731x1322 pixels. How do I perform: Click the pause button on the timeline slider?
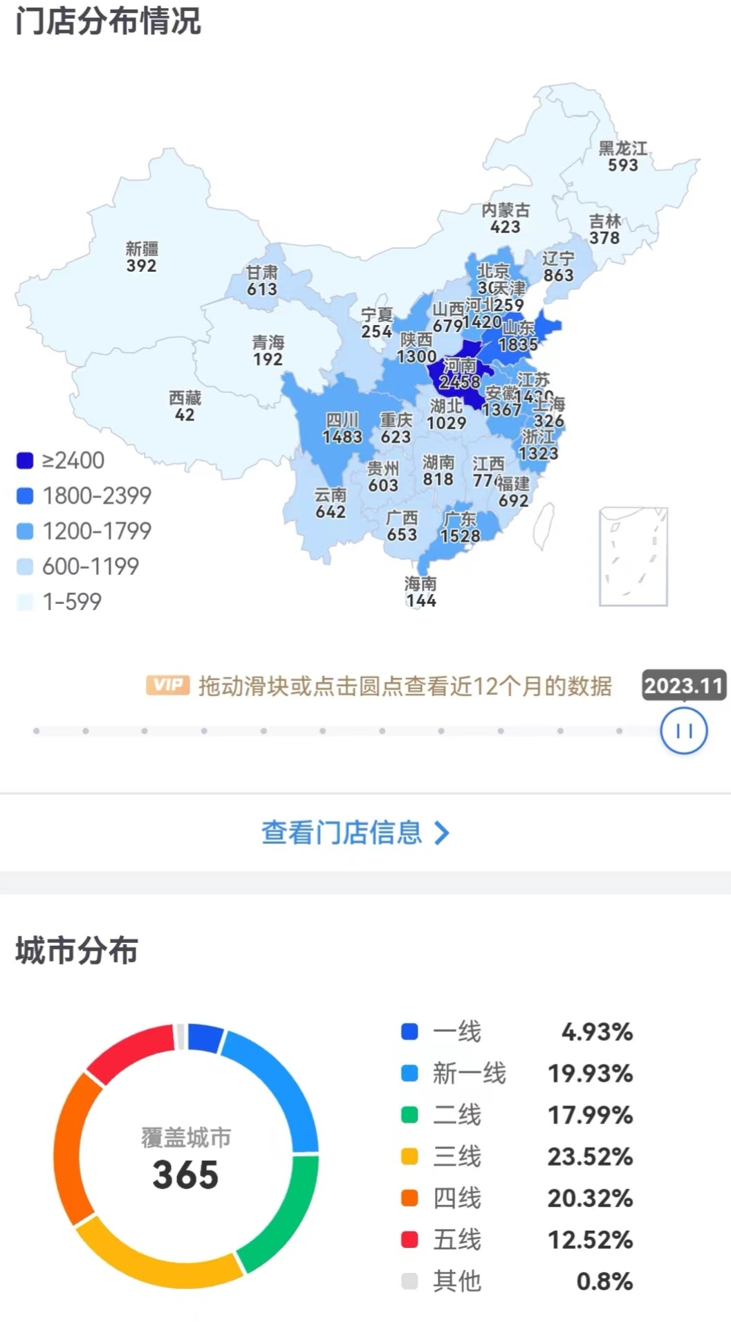[683, 731]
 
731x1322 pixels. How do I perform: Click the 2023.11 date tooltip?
[683, 685]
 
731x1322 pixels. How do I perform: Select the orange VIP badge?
[167, 685]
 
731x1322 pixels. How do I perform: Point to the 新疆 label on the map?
[142, 248]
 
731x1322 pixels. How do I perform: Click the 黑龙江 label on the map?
[622, 148]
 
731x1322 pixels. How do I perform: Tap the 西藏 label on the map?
[185, 398]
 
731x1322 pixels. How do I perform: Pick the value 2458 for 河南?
[459, 381]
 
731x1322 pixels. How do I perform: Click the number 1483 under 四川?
[342, 437]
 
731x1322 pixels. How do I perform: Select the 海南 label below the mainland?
[420, 584]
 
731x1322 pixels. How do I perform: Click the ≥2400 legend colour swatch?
[25, 461]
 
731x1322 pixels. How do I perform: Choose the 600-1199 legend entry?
[90, 567]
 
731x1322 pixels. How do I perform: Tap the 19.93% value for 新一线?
[590, 1073]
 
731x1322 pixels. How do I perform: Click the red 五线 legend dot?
[409, 1239]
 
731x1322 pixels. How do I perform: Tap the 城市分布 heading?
[77, 950]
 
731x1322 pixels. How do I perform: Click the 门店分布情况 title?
[108, 21]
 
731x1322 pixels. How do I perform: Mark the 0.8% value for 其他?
[604, 1280]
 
